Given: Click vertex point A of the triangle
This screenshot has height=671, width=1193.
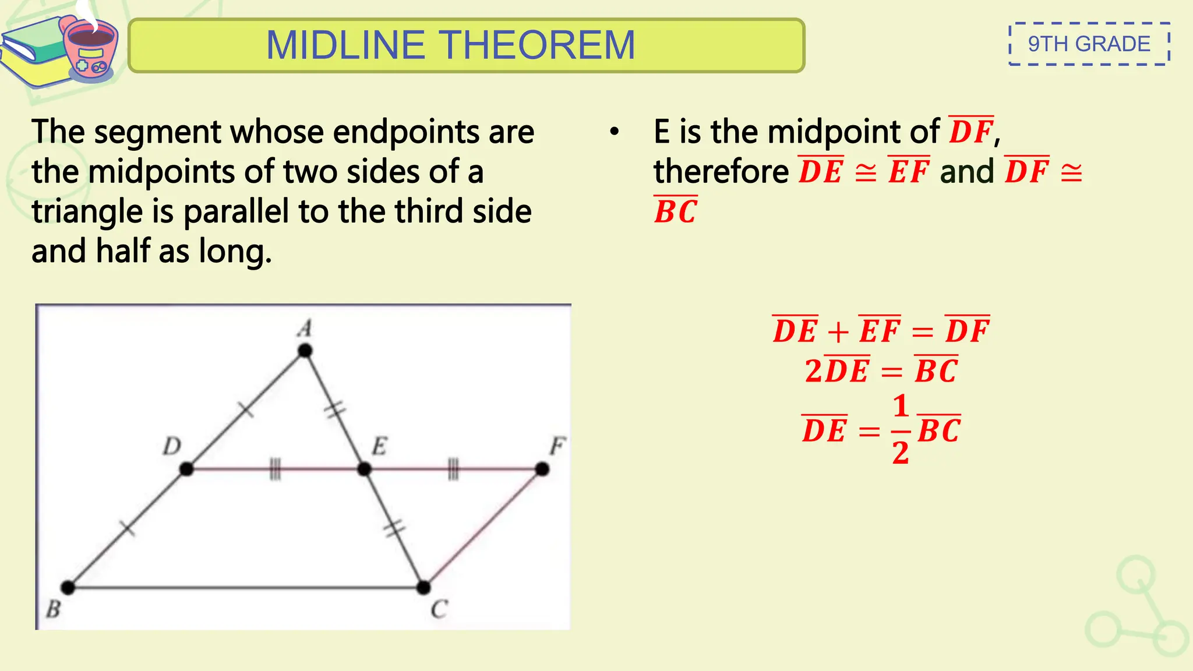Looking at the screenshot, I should click(x=305, y=351).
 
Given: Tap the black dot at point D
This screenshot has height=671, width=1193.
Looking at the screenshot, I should click(x=186, y=469).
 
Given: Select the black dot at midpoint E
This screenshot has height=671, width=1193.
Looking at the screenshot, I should click(x=364, y=469).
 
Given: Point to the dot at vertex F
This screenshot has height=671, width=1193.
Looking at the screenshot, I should click(x=542, y=469).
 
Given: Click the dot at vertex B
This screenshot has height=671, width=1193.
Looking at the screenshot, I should click(x=68, y=587).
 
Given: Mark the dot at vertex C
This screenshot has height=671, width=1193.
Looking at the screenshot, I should click(x=423, y=587).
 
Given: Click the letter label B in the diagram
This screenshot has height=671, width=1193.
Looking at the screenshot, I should click(x=53, y=609).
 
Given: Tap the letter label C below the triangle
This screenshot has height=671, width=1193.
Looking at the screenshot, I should click(x=439, y=609).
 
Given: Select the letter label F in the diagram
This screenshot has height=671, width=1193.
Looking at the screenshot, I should click(x=557, y=447).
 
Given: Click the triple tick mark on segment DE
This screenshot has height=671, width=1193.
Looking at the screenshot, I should click(x=275, y=469).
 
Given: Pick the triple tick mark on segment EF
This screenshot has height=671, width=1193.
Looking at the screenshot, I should click(x=453, y=469).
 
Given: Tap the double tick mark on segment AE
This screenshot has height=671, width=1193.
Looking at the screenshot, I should click(x=334, y=410).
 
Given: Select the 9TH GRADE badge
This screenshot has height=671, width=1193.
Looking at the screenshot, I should click(x=1089, y=44).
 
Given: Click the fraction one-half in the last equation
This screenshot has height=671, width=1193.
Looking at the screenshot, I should click(x=901, y=430).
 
